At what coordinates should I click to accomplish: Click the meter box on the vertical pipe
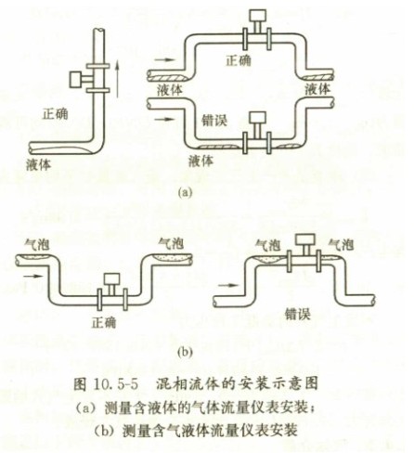[x=76, y=80]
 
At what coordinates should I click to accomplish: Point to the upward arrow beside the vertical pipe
[x=117, y=79]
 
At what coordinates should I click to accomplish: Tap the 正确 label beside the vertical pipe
[x=56, y=114]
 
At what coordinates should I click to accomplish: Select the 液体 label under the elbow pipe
[x=38, y=164]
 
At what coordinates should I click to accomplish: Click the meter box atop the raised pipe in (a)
[x=258, y=18]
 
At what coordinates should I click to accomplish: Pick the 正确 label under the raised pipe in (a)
[x=239, y=60]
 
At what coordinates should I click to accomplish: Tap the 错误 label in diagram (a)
[x=214, y=120]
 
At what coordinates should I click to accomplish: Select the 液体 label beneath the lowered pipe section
[x=201, y=161]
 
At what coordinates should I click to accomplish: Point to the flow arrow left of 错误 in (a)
[x=163, y=119]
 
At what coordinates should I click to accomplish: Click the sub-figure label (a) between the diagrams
[x=185, y=192]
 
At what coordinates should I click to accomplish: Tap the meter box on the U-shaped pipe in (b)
[x=111, y=279]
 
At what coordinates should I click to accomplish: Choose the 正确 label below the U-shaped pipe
[x=104, y=322]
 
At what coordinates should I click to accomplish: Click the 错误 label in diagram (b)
[x=298, y=314]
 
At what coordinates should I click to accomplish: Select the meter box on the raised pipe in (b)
[x=304, y=240]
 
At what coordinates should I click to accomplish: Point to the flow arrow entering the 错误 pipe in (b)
[x=228, y=285]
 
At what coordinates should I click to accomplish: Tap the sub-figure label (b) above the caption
[x=185, y=352]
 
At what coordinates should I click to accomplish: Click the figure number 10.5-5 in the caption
[x=114, y=384]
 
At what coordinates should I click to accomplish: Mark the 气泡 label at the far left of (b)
[x=37, y=245]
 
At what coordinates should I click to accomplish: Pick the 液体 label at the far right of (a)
[x=317, y=89]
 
